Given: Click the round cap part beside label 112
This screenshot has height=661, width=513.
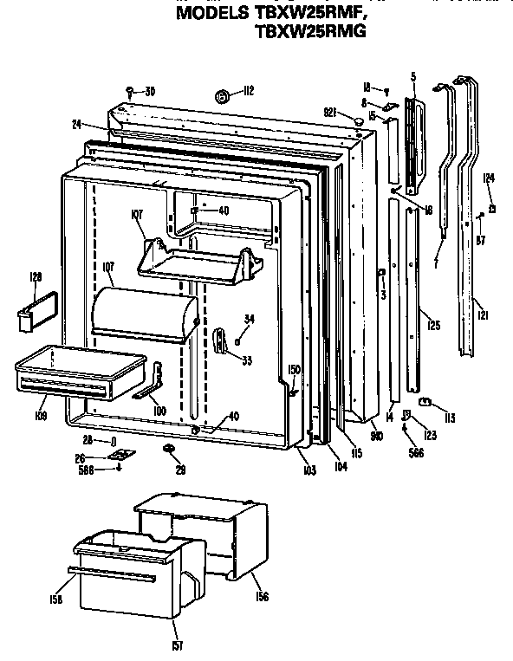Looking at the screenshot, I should coord(222,96).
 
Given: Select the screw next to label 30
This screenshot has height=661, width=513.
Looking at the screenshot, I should coord(130,91).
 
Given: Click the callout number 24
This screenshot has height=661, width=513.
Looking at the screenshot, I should coord(78,124).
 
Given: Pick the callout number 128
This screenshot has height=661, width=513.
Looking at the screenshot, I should coord(36,277).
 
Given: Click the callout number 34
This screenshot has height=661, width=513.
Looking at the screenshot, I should coord(250,319).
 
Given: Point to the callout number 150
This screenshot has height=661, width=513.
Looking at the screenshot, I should coord(294,370).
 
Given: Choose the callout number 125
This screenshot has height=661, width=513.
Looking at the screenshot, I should coord(434,326).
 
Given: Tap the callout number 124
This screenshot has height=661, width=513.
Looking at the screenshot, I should coord(489,178).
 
